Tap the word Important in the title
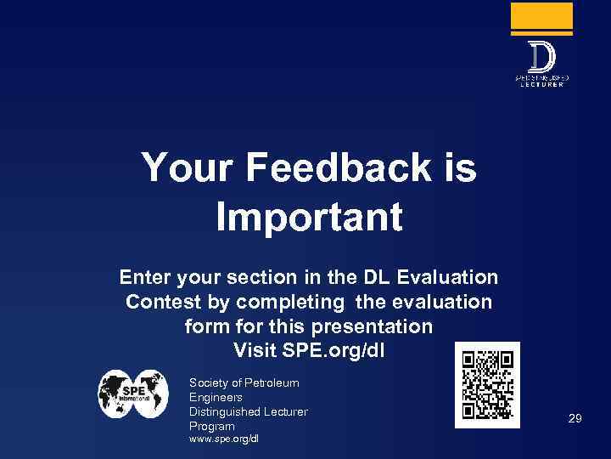(309, 217)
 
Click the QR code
(487, 384)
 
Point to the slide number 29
(575, 418)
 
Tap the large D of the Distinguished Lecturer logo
(541, 58)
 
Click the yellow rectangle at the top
(541, 16)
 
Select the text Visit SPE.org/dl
(308, 349)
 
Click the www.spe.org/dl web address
(224, 439)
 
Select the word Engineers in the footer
(216, 397)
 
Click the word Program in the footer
(211, 426)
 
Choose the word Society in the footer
(210, 383)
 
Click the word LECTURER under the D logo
(541, 85)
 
